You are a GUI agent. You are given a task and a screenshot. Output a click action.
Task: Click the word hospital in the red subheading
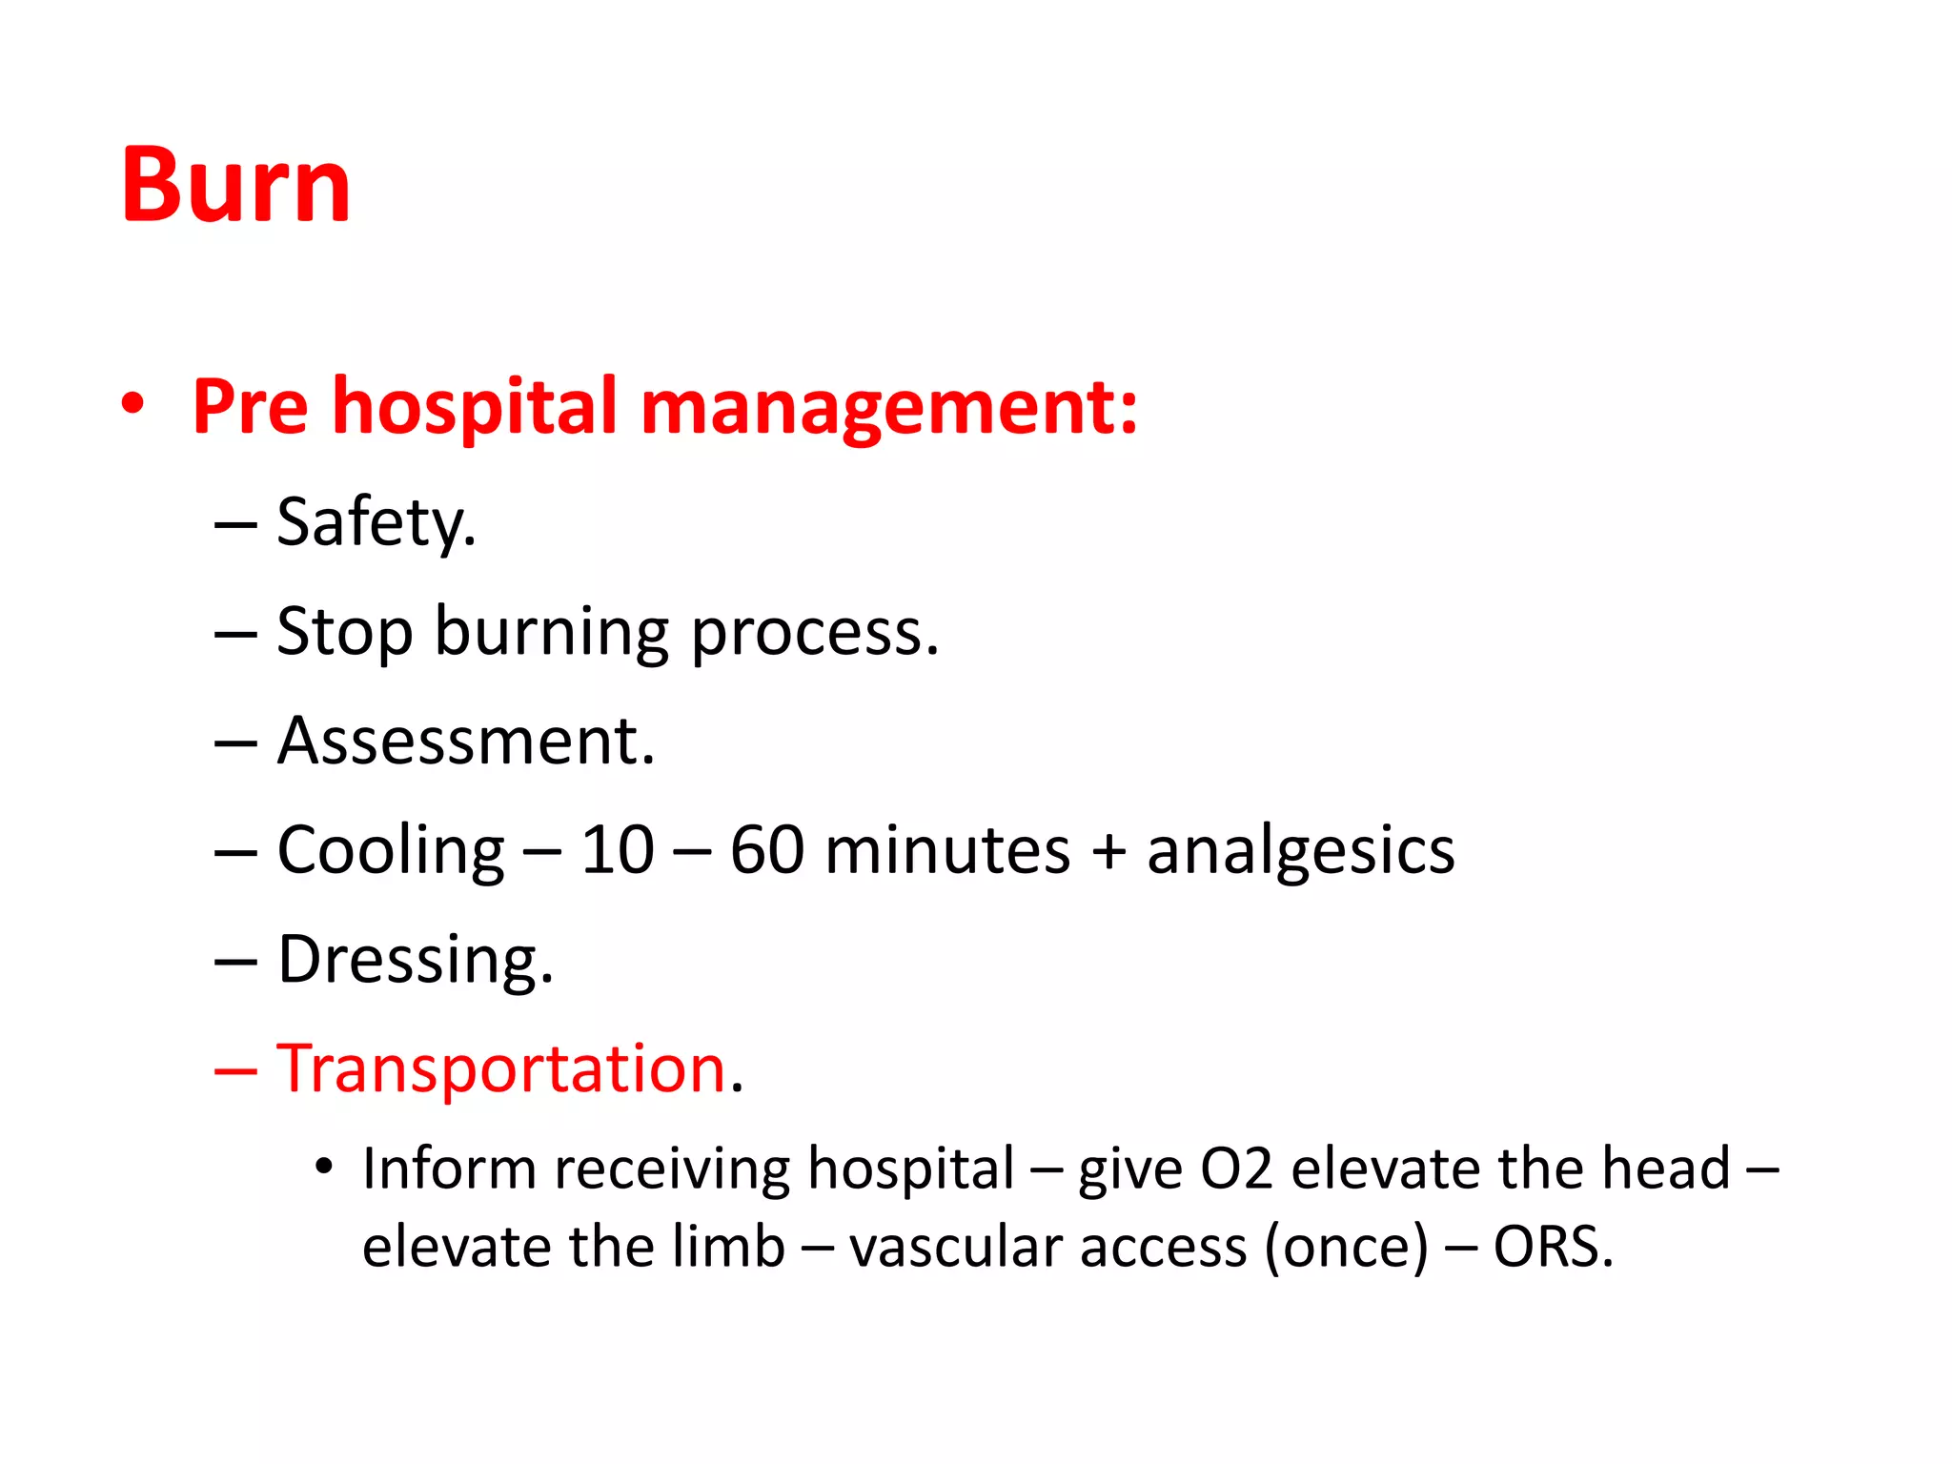coord(475,408)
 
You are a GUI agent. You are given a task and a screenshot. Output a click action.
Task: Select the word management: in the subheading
coord(888,408)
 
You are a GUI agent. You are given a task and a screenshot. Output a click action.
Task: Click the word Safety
coord(376,523)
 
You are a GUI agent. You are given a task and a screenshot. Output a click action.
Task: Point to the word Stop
coord(344,633)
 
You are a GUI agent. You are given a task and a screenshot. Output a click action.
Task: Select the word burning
coord(552,633)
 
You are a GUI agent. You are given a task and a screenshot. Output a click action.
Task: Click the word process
coord(814,635)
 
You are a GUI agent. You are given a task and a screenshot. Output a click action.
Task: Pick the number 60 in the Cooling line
coord(766,850)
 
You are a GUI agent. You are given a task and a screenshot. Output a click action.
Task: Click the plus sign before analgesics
coord(1108,851)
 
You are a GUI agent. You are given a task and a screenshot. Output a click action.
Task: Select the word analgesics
coord(1300,851)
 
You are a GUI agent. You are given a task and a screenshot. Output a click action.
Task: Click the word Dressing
coord(415,961)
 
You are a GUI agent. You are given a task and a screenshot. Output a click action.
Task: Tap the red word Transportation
coord(502,1068)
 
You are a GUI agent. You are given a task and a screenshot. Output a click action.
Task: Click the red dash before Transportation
coord(235,1071)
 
